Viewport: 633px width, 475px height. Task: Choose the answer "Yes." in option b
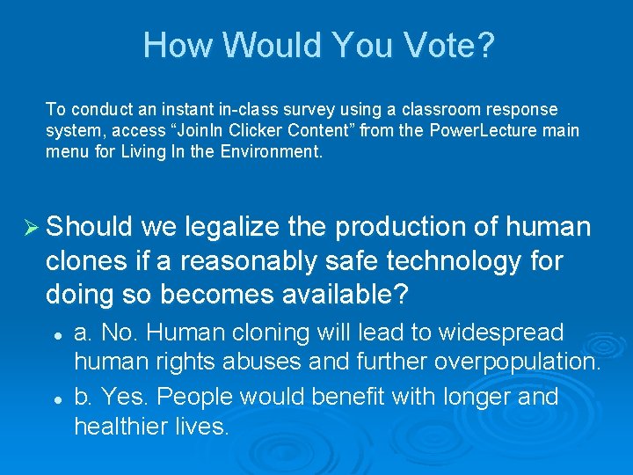click(x=121, y=397)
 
